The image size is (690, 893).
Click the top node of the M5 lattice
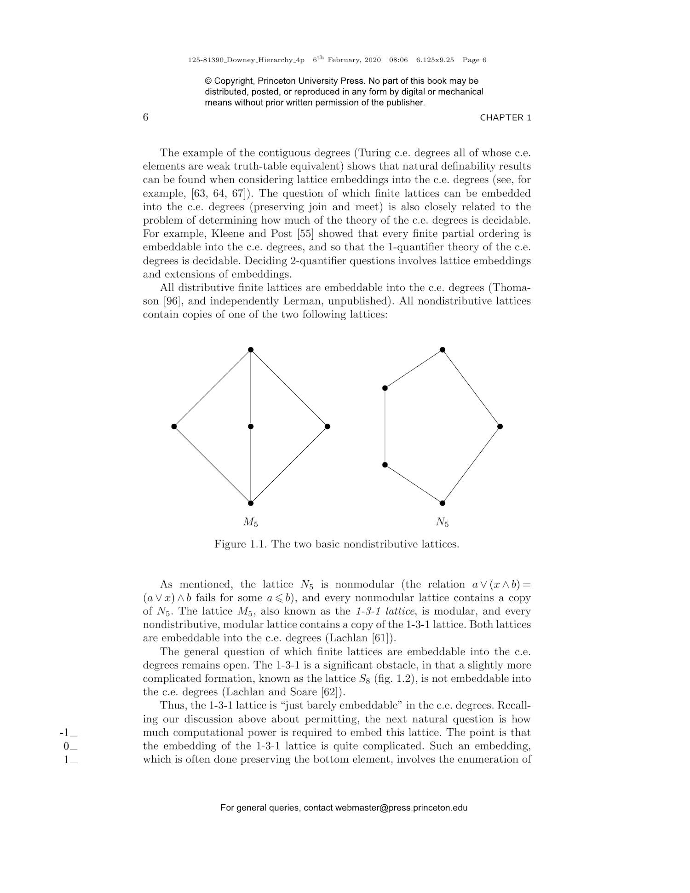click(251, 350)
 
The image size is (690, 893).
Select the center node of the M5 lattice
click(251, 426)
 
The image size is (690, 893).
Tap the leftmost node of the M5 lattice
click(174, 426)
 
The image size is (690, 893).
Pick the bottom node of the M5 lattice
click(251, 503)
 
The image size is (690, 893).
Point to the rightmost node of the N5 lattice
click(500, 426)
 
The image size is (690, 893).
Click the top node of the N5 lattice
click(443, 350)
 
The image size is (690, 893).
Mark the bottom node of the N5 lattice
click(443, 503)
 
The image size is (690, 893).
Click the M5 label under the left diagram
click(251, 522)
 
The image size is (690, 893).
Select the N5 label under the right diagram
click(442, 522)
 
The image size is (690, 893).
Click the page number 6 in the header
click(145, 117)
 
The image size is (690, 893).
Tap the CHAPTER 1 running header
click(505, 117)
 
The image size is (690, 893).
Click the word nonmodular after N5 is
click(365, 585)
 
